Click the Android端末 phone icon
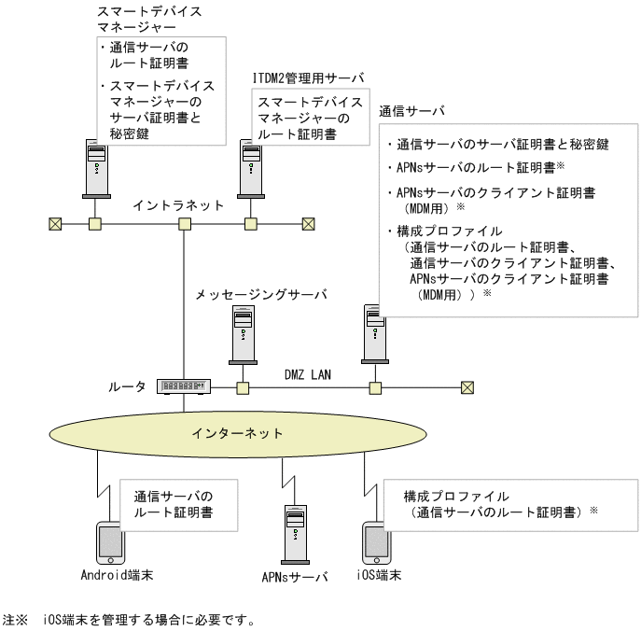[110, 541]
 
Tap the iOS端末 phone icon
[373, 541]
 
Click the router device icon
[185, 386]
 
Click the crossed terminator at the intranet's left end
[53, 224]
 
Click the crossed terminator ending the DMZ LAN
[467, 387]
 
